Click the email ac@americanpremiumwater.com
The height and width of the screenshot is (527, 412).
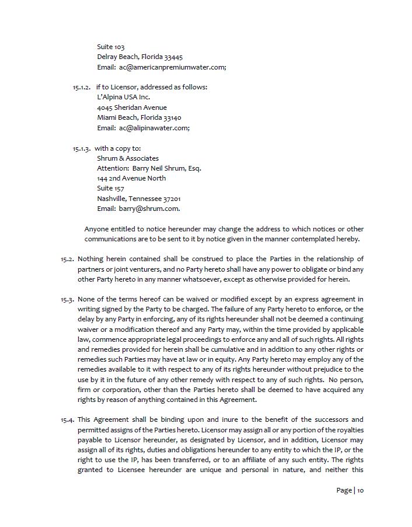click(x=172, y=67)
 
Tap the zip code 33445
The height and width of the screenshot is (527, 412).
click(x=173, y=57)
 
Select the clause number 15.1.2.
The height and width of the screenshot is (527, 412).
click(x=82, y=87)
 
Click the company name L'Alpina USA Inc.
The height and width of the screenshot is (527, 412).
click(x=123, y=97)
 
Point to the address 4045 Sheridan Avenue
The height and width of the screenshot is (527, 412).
click(x=132, y=108)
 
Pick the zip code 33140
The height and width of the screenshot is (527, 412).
click(x=172, y=117)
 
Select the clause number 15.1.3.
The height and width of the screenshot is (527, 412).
click(x=82, y=148)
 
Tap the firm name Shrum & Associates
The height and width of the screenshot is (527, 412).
click(x=128, y=158)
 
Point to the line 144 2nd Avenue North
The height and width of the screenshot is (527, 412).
click(x=131, y=178)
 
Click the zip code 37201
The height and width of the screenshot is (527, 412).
click(x=172, y=199)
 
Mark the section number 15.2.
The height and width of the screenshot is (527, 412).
click(x=67, y=259)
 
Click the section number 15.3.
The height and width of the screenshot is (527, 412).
click(x=67, y=300)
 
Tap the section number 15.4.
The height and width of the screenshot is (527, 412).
click(x=67, y=420)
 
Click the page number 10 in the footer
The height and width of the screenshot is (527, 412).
click(x=361, y=490)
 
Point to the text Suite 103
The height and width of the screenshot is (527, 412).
click(x=111, y=47)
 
